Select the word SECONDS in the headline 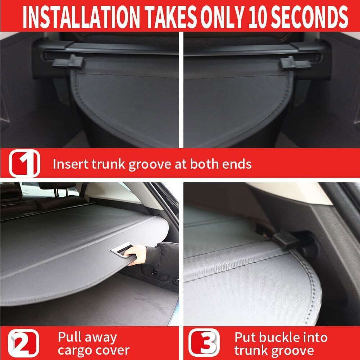click(314, 17)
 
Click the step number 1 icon click(24, 163)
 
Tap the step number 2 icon click(24, 344)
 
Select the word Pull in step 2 click(69, 337)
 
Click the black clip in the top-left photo click(68, 62)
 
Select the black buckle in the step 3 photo click(286, 241)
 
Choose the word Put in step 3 click(245, 337)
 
